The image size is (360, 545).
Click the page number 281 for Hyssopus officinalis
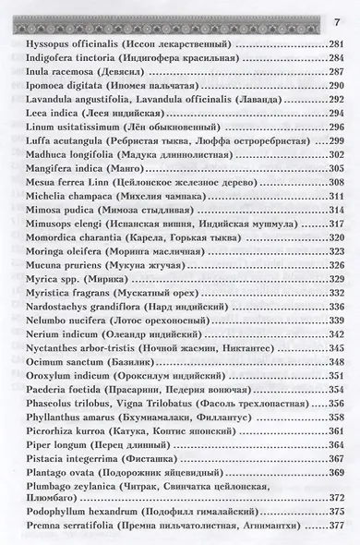[333, 44]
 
